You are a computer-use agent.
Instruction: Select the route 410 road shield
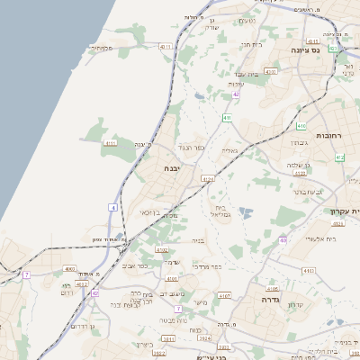[301, 126]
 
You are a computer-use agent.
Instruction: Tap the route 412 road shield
[339, 157]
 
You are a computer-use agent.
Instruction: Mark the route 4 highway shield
[113, 208]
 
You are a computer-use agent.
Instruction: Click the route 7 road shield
[27, 274]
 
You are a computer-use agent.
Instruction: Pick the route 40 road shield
[283, 240]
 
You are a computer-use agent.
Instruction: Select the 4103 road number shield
[309, 269]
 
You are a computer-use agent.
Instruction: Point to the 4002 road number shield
[70, 269]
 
